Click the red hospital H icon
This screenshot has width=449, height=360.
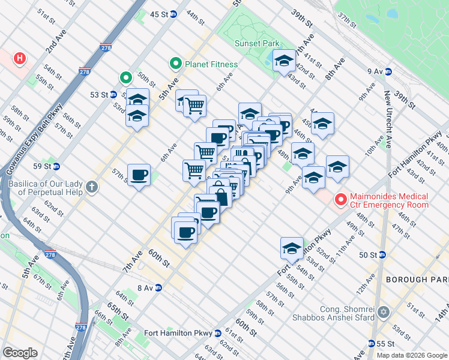(20, 58)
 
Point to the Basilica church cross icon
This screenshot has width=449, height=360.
(91, 186)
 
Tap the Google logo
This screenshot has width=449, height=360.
(20, 352)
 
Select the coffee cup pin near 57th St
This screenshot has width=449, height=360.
(139, 175)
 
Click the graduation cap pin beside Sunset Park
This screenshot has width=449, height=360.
(284, 60)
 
